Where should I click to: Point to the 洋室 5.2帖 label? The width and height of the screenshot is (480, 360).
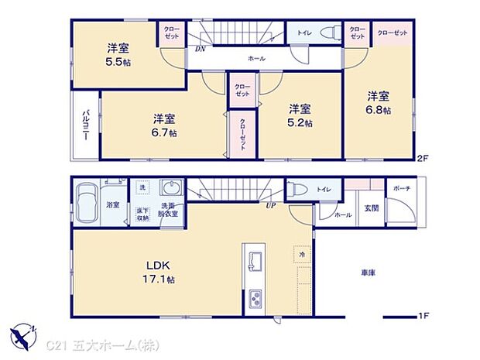[x=300, y=115]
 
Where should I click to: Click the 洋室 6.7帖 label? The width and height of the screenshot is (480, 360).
[x=164, y=125]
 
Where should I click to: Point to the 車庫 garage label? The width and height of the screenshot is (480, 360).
[x=369, y=273]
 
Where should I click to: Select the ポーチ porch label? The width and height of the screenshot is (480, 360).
[x=402, y=189]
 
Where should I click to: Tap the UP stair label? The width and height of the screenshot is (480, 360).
[x=271, y=206]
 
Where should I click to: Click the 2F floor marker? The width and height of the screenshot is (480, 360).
[x=423, y=159]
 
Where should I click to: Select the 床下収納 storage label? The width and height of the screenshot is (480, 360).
[x=143, y=213]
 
